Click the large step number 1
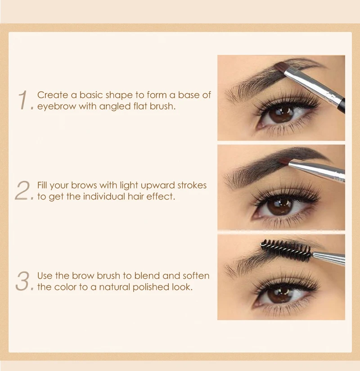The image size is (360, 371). tap(23, 100)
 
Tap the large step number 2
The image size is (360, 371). tap(22, 190)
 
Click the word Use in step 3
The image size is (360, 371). tap(45, 275)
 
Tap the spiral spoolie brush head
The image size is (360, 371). tap(286, 250)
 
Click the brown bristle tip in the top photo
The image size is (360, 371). tap(282, 68)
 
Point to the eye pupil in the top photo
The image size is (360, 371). tap(281, 114)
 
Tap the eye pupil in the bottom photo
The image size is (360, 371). tap(280, 295)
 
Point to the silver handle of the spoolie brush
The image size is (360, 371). tap(328, 258)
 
